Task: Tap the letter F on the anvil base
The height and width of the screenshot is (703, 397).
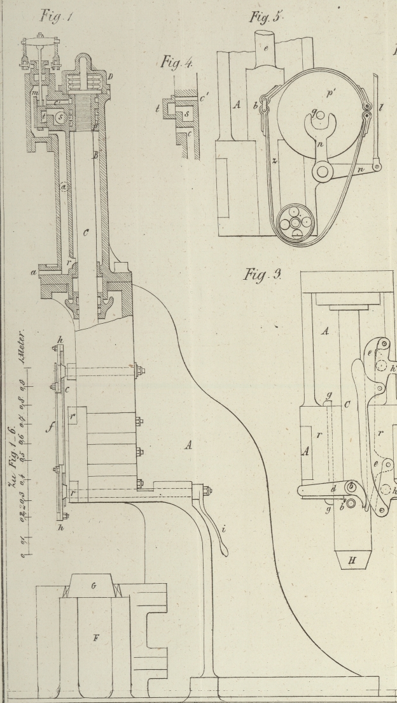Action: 95,638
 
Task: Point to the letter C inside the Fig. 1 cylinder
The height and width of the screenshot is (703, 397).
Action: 85,234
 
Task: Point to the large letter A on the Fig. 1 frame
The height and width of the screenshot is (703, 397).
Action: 188,446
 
